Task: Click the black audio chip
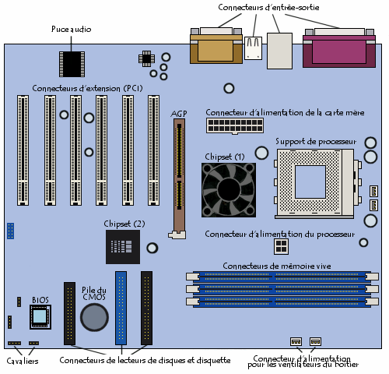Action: [x=72, y=64]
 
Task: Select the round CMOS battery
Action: [x=94, y=317]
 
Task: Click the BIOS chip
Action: [x=40, y=317]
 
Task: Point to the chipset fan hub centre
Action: [x=229, y=190]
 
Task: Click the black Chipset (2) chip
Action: [x=123, y=247]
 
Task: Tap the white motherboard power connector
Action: [x=235, y=125]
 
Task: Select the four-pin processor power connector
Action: [x=281, y=247]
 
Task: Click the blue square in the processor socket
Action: [x=310, y=182]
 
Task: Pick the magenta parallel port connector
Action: [x=339, y=48]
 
